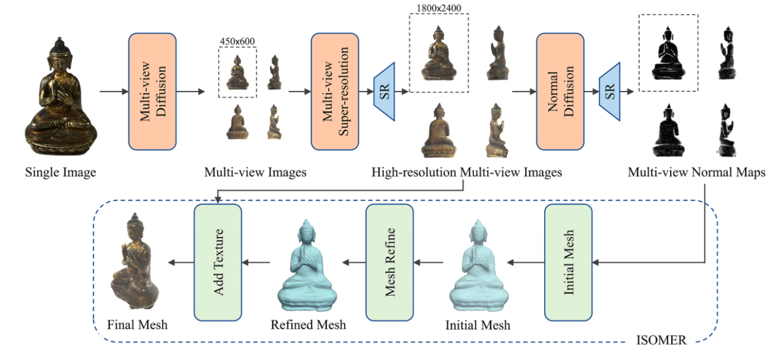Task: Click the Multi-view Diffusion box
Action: [152, 92]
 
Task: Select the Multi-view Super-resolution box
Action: [334, 92]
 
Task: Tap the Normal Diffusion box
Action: [559, 92]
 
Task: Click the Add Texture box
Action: [218, 262]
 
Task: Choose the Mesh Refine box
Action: [390, 262]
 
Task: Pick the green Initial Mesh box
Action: [568, 262]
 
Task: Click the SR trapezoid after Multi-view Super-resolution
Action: [384, 92]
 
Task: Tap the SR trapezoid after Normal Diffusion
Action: [610, 92]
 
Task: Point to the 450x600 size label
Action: [237, 41]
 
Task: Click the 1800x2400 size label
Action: [439, 8]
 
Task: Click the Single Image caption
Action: [60, 172]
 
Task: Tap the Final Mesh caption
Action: [137, 324]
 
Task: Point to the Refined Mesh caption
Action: [308, 324]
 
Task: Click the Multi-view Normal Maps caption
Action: [696, 172]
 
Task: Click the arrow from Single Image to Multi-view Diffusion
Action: [112, 92]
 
